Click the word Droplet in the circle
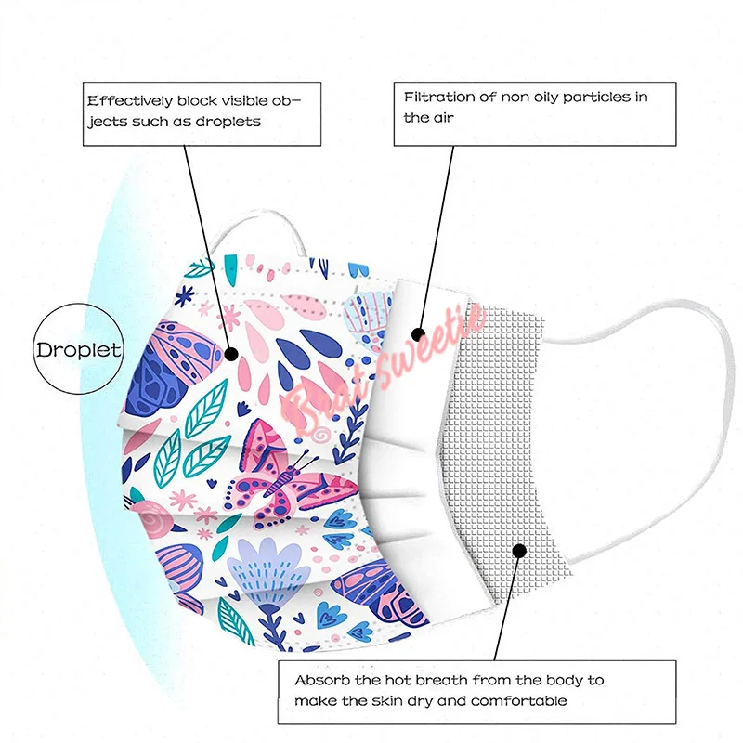tap(78, 351)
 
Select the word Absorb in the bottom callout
tap(319, 680)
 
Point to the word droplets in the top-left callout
tap(228, 122)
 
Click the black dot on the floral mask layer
tap(229, 352)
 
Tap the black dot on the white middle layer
tap(419, 332)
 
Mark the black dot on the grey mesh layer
tap(519, 551)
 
